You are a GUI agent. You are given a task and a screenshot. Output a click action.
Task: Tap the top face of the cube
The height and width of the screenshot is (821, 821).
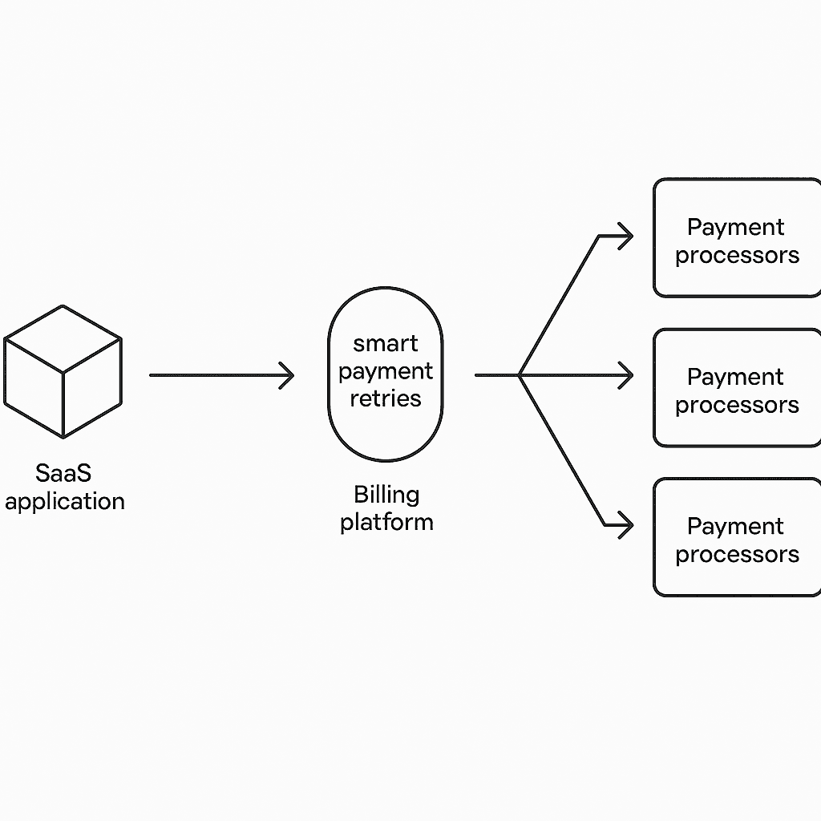coord(63,338)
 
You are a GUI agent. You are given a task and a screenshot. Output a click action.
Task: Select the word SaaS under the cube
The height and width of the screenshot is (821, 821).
coord(64,473)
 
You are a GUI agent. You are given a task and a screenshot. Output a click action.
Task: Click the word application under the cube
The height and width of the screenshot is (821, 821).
coord(64,502)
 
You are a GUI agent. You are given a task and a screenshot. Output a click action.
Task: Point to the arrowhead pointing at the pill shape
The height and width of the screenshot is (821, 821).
coord(287,375)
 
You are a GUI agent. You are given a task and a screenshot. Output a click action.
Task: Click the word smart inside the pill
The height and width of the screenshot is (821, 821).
coord(386,343)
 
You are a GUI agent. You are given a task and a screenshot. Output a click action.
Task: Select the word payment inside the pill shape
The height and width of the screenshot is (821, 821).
coord(386,371)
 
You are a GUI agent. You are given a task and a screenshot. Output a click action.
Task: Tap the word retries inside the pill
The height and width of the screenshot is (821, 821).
coord(386,398)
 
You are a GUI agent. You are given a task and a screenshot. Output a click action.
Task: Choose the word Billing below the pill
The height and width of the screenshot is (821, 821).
coord(386,494)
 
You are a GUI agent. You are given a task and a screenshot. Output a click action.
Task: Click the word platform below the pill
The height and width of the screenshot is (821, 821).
coord(386,522)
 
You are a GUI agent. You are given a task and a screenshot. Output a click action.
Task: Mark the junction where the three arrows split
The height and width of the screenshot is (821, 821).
coord(520,375)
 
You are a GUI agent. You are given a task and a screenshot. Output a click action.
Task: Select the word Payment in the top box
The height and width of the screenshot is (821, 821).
coord(736,228)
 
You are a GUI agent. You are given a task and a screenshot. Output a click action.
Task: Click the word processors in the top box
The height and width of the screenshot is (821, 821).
coord(737,256)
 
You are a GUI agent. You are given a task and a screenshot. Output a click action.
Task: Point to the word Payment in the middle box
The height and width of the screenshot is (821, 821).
coord(736,377)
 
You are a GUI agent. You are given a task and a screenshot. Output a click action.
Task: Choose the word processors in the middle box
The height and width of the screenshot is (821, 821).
coord(737,405)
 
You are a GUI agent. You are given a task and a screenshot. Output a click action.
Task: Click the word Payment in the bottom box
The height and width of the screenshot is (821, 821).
coord(736,527)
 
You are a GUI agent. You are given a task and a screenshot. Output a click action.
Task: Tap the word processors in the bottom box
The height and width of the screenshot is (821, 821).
coord(737,555)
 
